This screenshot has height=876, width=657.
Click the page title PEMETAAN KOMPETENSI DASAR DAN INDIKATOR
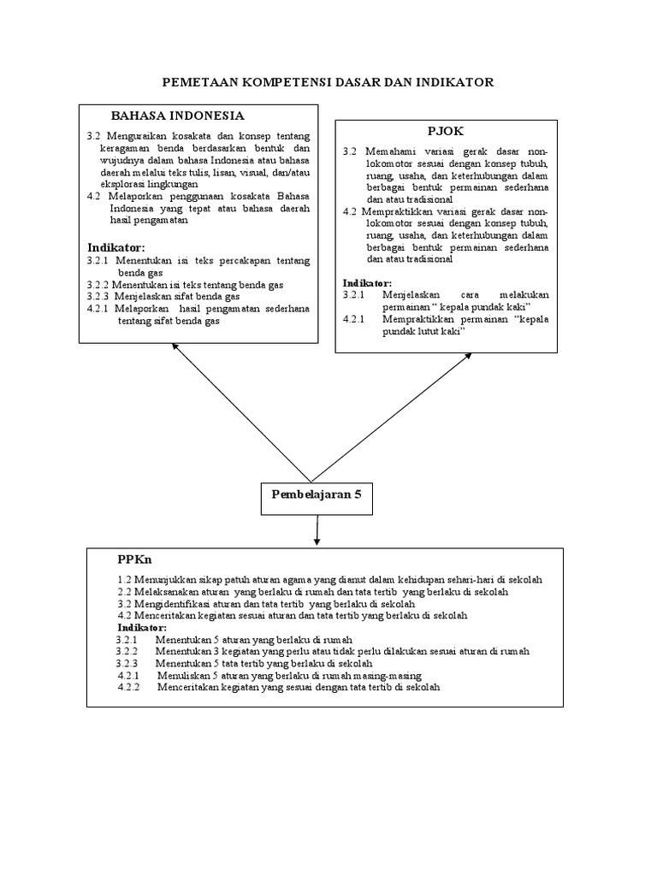pyautogui.click(x=328, y=82)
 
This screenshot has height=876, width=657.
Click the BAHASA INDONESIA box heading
pyautogui.click(x=178, y=115)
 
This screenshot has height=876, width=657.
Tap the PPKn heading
pyautogui.click(x=134, y=559)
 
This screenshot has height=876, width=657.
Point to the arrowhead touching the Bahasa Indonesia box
pyautogui.click(x=175, y=346)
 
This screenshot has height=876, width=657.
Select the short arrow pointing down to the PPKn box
pyautogui.click(x=317, y=531)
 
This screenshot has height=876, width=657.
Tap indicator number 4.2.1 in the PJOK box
pyautogui.click(x=354, y=319)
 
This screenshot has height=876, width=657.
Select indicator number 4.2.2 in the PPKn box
pyautogui.click(x=132, y=687)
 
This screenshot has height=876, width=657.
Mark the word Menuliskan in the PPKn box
pyautogui.click(x=184, y=675)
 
